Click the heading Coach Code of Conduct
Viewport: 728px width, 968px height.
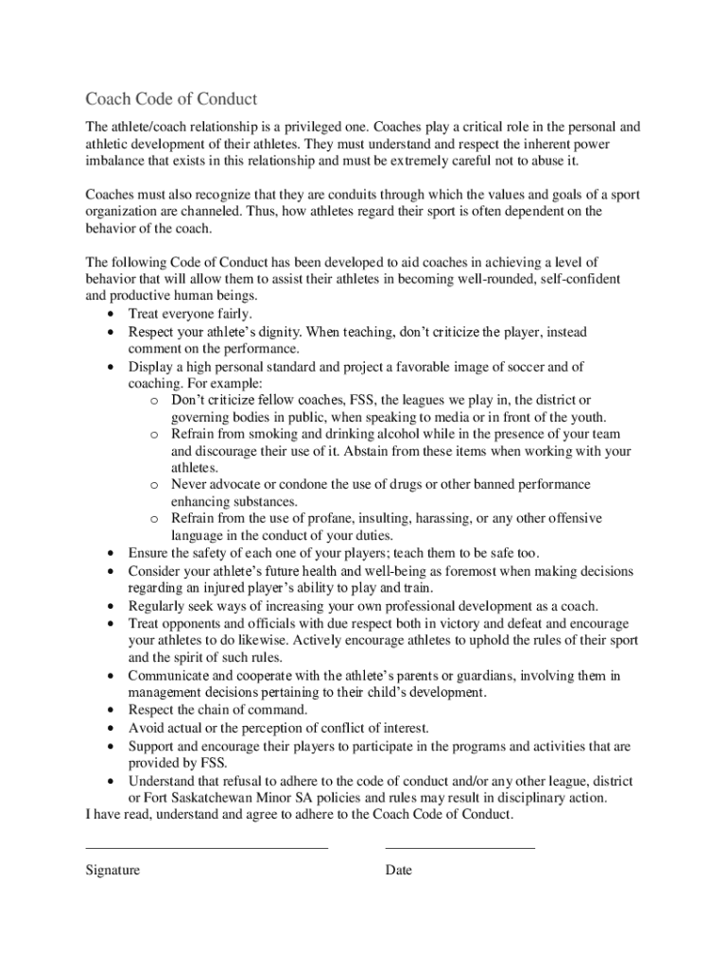pos(171,99)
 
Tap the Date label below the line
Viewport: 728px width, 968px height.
pos(398,870)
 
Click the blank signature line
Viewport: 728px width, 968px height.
pos(206,848)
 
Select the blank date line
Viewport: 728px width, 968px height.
pos(459,848)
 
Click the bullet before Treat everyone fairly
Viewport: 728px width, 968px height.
pos(113,314)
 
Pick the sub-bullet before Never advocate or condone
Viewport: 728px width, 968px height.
pos(152,485)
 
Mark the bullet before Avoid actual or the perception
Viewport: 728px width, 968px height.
pos(113,729)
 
